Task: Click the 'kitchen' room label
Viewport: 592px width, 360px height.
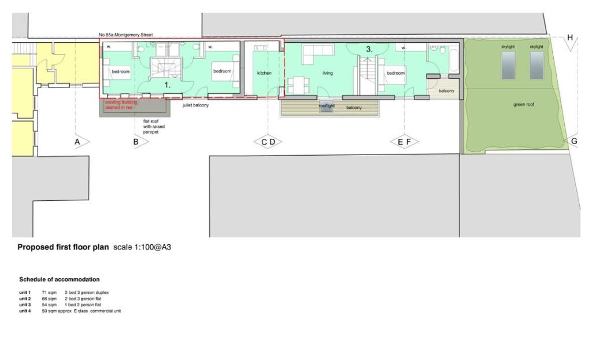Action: click(x=264, y=74)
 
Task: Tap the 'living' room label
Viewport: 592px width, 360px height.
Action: click(x=328, y=74)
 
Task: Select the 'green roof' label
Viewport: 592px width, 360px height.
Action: click(x=523, y=105)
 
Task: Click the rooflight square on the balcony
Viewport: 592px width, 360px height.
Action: click(x=327, y=109)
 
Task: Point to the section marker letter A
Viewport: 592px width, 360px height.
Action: click(x=77, y=141)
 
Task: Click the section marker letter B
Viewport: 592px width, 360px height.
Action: click(x=136, y=141)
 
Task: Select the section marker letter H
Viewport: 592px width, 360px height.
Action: click(x=570, y=38)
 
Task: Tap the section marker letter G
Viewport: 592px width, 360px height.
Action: click(x=573, y=141)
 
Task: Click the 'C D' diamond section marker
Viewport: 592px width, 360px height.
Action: click(x=268, y=142)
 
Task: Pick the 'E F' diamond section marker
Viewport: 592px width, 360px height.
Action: click(x=404, y=142)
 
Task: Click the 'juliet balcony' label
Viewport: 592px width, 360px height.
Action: click(x=196, y=105)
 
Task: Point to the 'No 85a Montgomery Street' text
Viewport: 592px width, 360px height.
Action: click(x=125, y=35)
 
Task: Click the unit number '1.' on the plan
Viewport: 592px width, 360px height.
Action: click(x=168, y=85)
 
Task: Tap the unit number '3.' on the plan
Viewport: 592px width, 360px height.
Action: click(x=369, y=50)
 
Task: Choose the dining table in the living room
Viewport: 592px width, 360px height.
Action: click(x=298, y=85)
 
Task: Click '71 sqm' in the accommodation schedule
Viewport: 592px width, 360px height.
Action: click(x=49, y=292)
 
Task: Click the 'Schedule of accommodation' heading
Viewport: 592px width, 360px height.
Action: click(x=59, y=280)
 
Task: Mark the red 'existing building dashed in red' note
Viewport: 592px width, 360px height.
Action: click(x=121, y=104)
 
